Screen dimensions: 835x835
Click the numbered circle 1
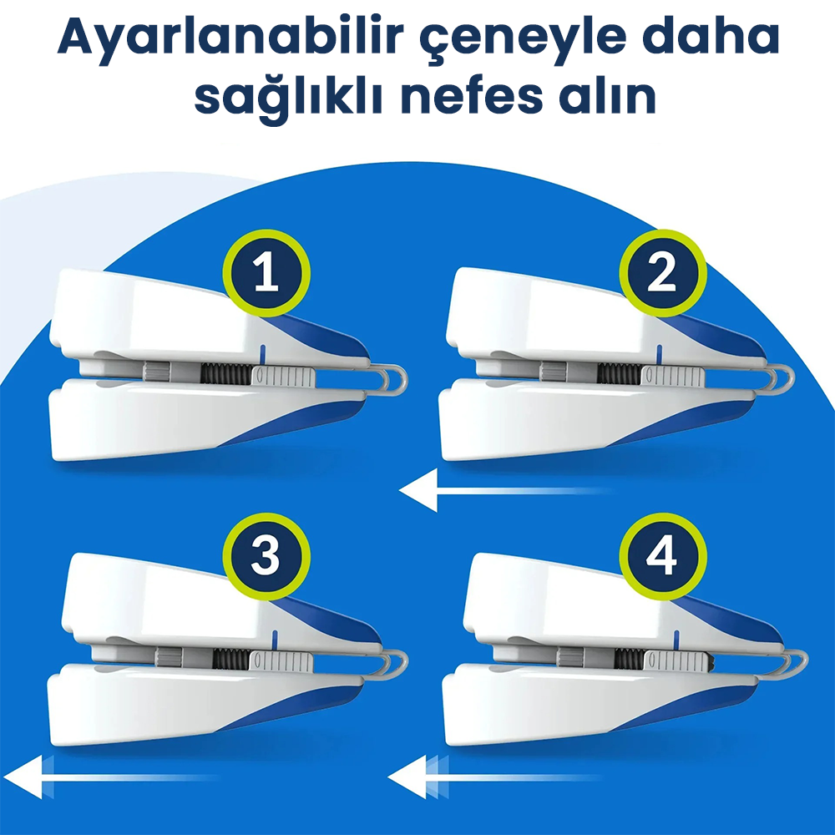tap(266, 273)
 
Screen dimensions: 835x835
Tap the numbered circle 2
tap(662, 273)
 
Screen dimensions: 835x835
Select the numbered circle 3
tap(266, 555)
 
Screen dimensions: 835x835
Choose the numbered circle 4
tap(662, 555)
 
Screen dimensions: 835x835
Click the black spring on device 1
tap(225, 373)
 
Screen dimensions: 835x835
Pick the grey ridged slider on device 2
tap(673, 376)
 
